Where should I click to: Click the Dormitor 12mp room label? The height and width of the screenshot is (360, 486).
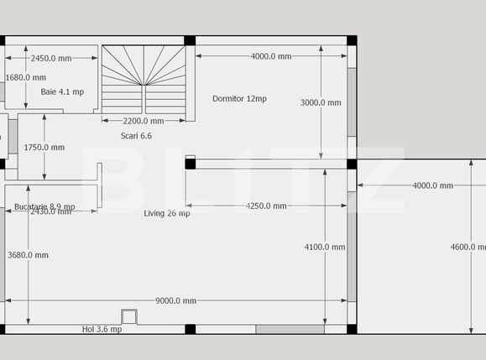tap(239, 99)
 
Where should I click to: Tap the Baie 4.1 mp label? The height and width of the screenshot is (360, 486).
tap(62, 91)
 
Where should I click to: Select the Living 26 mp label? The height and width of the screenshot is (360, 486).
tap(167, 213)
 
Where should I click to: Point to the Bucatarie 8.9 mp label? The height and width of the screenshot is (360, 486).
tap(44, 206)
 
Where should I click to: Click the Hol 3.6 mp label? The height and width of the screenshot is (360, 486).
tap(102, 330)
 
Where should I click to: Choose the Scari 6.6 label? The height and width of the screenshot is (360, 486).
tap(136, 135)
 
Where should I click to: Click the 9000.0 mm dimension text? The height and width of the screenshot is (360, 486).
tap(176, 301)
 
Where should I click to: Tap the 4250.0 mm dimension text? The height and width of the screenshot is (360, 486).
tap(266, 206)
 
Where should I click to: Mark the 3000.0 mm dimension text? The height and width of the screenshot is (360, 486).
tap(321, 103)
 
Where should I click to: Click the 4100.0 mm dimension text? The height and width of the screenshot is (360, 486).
tap(324, 247)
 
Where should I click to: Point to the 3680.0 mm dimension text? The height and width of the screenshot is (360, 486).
tap(28, 255)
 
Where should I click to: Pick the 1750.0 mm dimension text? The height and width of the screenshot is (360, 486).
tap(44, 148)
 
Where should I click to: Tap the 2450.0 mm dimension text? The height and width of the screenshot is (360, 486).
tap(51, 59)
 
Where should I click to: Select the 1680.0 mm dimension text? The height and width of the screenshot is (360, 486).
tap(26, 78)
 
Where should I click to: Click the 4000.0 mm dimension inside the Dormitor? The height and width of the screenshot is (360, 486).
tap(271, 57)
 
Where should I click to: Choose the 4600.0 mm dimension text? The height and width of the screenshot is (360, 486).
tap(468, 247)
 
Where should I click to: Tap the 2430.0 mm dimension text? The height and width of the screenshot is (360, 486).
tap(50, 212)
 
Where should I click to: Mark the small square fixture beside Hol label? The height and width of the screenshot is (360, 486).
tap(128, 316)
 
